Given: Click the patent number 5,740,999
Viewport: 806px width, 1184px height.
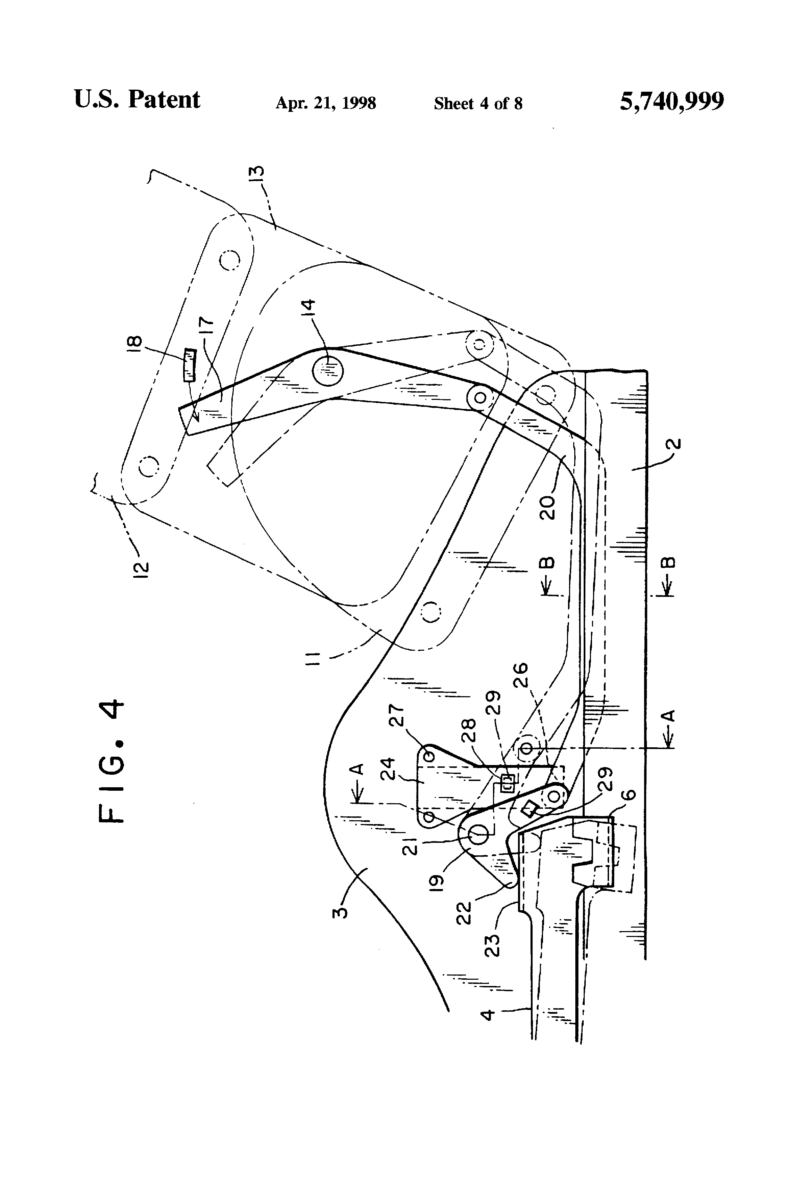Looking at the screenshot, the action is click(x=672, y=101).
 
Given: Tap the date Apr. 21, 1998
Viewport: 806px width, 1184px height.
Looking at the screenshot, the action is click(x=326, y=104).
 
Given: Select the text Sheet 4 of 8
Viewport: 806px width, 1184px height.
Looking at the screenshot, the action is click(x=478, y=104).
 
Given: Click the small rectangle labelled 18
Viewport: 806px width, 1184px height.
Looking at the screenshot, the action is click(x=190, y=365).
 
